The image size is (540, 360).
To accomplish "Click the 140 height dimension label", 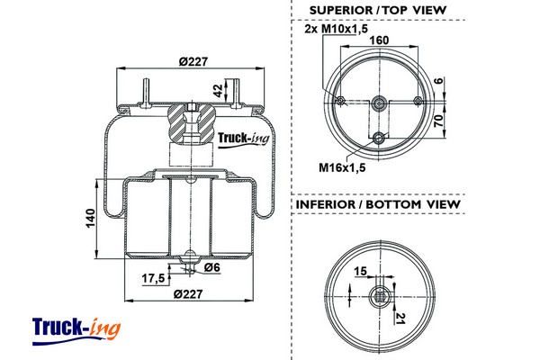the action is pos(90,218).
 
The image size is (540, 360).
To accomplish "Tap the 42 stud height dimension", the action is pos(218,90).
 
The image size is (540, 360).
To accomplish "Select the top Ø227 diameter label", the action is pos(193,62).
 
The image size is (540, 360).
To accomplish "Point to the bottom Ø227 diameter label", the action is pos(188,294).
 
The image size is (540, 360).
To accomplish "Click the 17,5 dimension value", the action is pos(154,278).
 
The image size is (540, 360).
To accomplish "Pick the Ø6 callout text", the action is pos(211,267).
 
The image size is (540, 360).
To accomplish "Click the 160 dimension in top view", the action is pos(379,40).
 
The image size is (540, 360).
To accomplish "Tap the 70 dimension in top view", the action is pos(438,121).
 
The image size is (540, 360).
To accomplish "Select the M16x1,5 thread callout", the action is pos(342,167).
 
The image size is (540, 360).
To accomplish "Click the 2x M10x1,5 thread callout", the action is pos(336,29).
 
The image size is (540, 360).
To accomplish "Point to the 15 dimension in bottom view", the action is pos(361,271).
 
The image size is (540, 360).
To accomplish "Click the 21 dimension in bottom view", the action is pos(400,319).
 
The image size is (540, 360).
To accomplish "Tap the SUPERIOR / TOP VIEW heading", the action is pos(378,10).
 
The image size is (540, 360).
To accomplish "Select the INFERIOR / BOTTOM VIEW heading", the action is pos(378,204).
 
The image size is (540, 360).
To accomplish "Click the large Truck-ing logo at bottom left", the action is pos(76,331).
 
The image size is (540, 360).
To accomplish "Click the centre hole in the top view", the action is pos(379,103).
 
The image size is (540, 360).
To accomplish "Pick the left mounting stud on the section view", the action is pos(147,93).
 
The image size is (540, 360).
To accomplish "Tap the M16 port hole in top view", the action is pos(379,138).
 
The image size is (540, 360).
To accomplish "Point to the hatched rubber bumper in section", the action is pos(192,123).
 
